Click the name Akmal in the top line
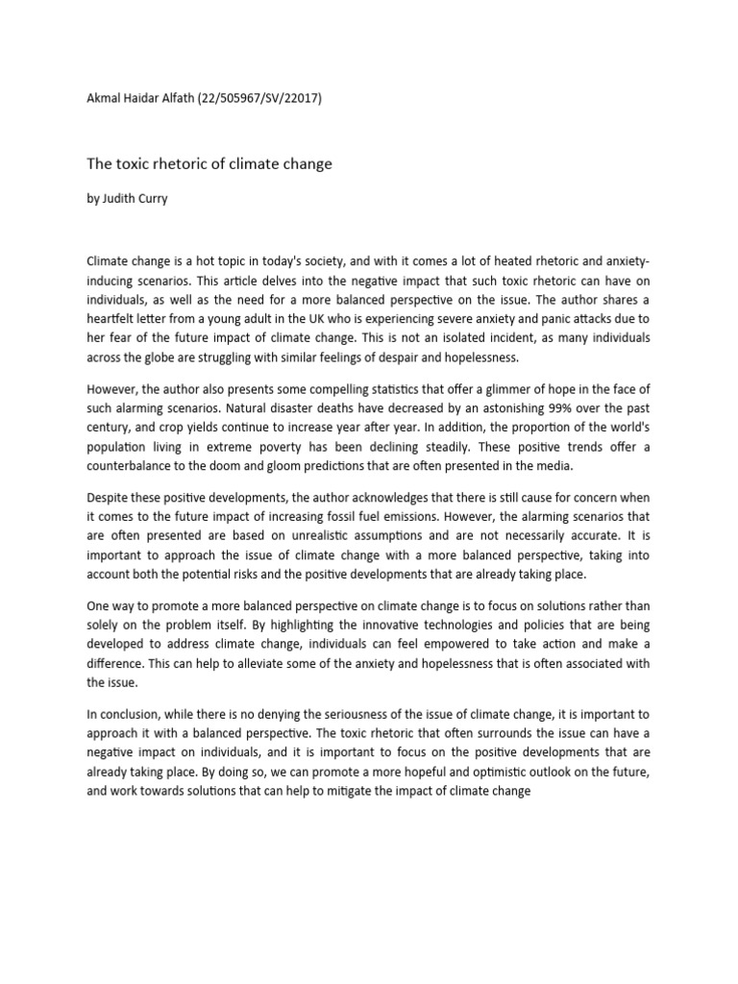point(104,110)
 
